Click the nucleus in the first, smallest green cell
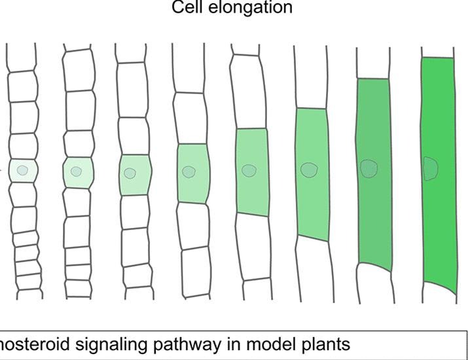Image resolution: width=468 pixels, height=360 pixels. [23, 171]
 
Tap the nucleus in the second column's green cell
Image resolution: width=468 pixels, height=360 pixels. [77, 171]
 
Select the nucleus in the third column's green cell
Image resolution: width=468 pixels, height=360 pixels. [130, 173]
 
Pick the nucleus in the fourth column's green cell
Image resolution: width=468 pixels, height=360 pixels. [189, 172]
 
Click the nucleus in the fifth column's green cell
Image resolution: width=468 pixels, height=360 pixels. [249, 170]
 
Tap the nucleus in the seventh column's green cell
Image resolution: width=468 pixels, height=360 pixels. [369, 168]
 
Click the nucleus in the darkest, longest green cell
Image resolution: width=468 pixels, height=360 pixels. [430, 168]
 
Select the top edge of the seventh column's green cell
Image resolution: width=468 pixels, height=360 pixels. [373, 79]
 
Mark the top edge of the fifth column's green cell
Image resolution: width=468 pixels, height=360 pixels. [251, 129]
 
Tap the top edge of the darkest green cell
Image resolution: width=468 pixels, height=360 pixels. [437, 58]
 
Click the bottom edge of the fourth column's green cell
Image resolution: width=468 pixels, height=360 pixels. [191, 202]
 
